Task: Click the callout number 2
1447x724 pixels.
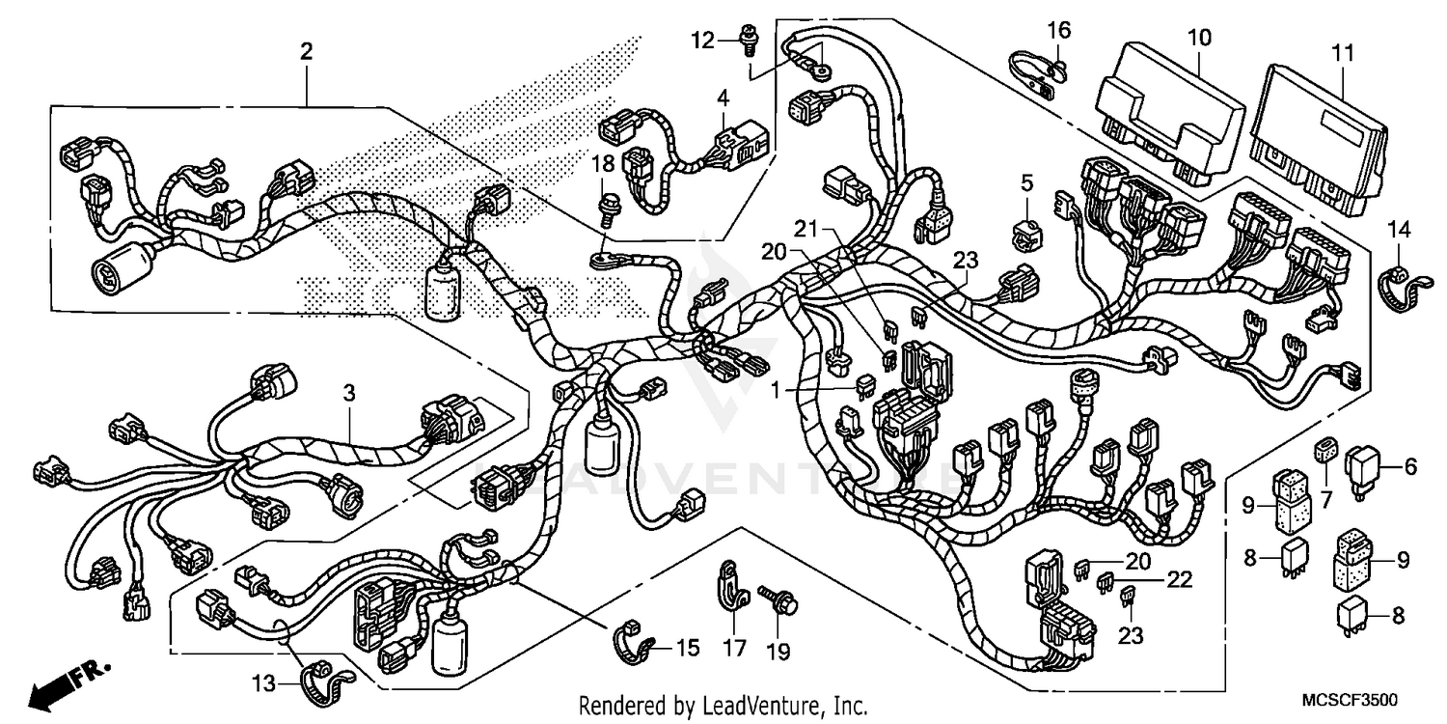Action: point(306,52)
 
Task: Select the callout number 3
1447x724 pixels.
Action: point(350,393)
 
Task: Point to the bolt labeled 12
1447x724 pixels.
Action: point(747,38)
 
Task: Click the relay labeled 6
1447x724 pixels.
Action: point(1367,470)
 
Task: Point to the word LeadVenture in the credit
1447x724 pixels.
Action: point(755,706)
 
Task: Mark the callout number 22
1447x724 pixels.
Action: point(1179,579)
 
